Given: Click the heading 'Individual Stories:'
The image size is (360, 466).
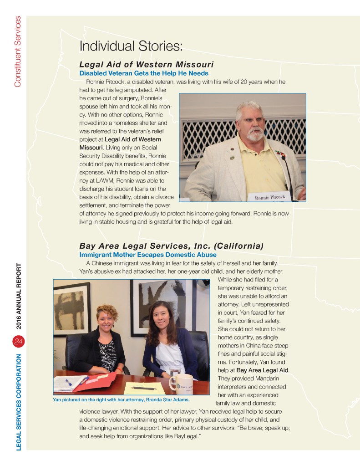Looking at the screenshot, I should [131, 46].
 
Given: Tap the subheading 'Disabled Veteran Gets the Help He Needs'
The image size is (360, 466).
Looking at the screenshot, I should [144, 73].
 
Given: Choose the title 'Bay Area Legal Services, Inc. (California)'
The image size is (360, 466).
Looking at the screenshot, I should [171, 246].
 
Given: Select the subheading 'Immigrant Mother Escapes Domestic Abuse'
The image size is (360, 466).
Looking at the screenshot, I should [148, 255].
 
